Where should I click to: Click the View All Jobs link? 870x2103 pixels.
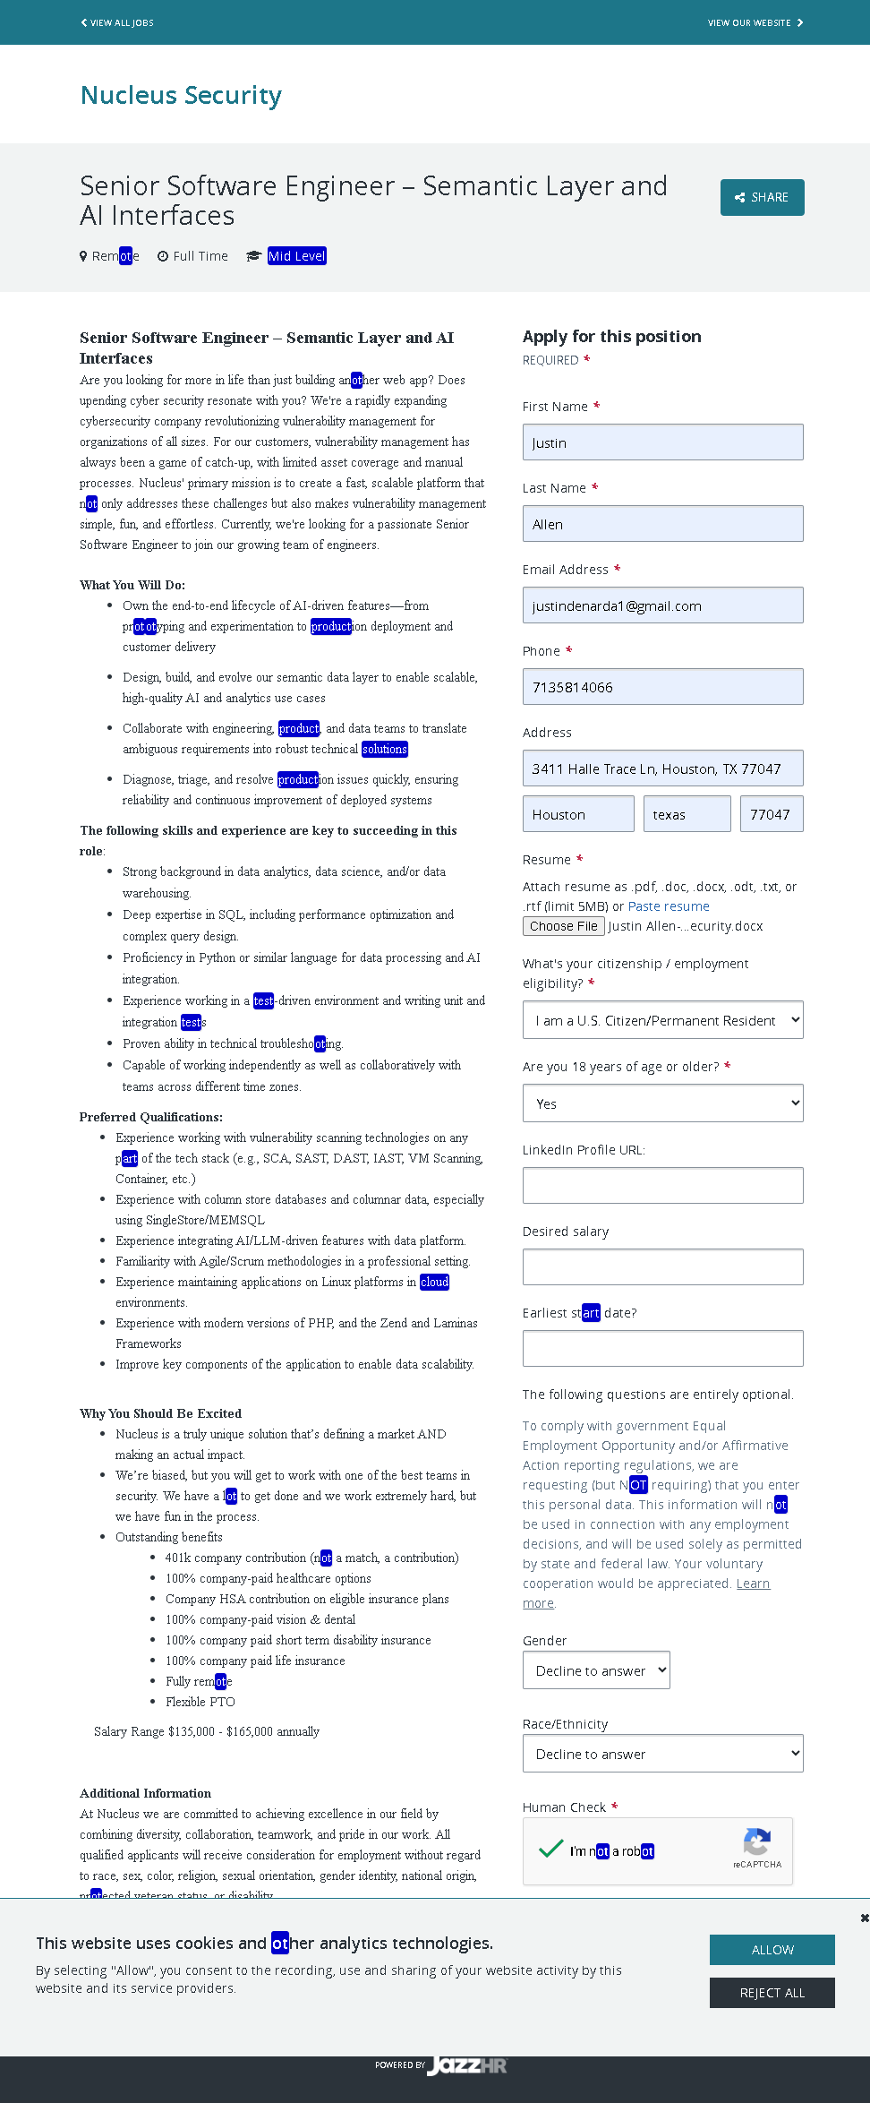click(x=117, y=22)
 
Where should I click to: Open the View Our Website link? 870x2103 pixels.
click(x=755, y=22)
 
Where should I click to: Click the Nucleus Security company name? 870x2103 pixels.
click(x=181, y=95)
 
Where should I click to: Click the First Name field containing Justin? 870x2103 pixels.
click(x=662, y=442)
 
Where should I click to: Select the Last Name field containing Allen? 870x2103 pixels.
click(x=662, y=524)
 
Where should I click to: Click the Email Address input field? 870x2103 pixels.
click(x=662, y=605)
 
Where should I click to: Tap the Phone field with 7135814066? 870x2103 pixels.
click(x=662, y=687)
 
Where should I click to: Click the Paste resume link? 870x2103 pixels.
click(x=669, y=906)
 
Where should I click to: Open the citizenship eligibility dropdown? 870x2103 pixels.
click(x=662, y=1020)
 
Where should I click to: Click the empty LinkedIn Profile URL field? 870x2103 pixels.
click(x=662, y=1186)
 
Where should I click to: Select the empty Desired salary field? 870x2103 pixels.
click(x=662, y=1267)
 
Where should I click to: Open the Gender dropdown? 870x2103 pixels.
click(x=596, y=1670)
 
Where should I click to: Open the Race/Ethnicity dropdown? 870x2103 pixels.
click(x=662, y=1754)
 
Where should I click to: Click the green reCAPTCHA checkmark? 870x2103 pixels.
click(x=551, y=1849)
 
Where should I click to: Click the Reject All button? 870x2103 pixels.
click(x=772, y=1993)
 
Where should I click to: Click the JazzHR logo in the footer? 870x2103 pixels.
click(x=465, y=2065)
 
